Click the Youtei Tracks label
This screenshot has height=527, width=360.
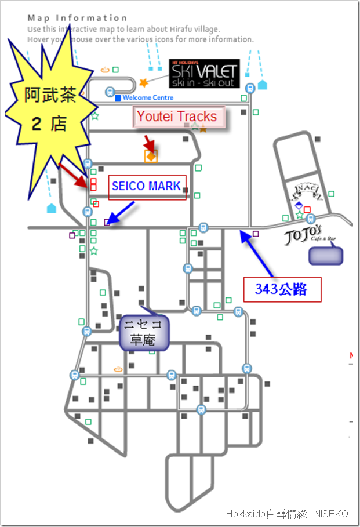[x=177, y=117]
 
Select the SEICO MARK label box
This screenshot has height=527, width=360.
[x=146, y=187]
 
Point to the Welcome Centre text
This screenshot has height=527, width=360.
[x=148, y=98]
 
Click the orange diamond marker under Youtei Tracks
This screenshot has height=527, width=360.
[x=151, y=156]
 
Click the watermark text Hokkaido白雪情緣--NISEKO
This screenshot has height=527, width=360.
[x=287, y=514]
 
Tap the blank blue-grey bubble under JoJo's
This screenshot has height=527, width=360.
[x=326, y=256]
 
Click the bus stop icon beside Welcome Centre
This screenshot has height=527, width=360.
[x=110, y=91]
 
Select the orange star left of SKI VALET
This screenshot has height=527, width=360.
[x=143, y=83]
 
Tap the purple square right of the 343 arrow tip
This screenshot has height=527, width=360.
[x=256, y=234]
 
